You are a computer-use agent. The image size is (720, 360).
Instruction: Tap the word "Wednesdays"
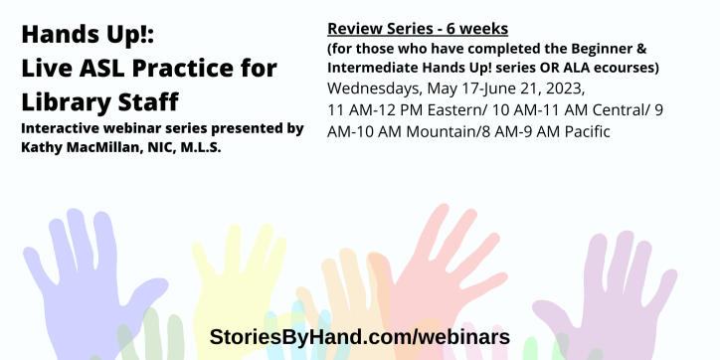click(374, 88)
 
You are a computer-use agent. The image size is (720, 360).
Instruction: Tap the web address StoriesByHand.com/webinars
click(359, 336)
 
